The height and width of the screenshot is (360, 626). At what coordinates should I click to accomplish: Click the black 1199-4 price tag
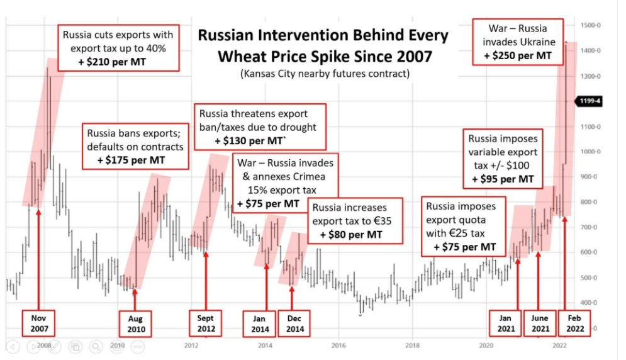tap(590, 101)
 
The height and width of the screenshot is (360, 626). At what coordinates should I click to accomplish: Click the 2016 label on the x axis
tap(338, 346)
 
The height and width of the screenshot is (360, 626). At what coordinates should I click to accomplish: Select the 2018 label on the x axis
tap(413, 346)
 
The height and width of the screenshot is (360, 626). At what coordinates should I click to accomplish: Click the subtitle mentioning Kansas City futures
tap(325, 74)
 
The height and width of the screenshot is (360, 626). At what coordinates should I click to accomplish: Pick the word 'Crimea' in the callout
tap(311, 176)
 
